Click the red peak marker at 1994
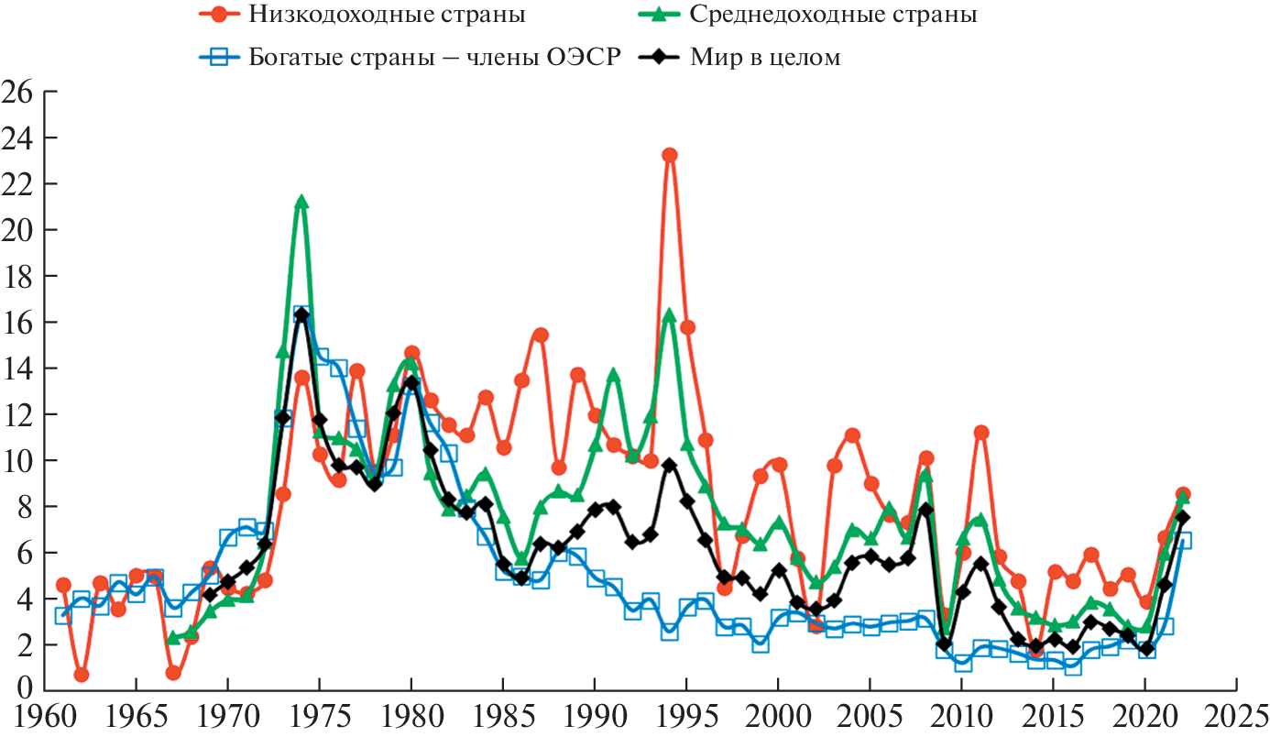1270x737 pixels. tap(670, 155)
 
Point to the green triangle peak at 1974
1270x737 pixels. tap(301, 203)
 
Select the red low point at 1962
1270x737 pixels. tap(82, 675)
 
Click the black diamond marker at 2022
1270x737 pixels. tap(1183, 517)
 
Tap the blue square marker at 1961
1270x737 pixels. tap(63, 615)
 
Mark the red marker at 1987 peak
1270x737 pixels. tap(541, 335)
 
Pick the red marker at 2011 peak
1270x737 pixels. tap(981, 432)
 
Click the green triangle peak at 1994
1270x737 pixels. tap(669, 315)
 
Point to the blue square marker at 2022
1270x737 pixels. tap(1183, 541)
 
